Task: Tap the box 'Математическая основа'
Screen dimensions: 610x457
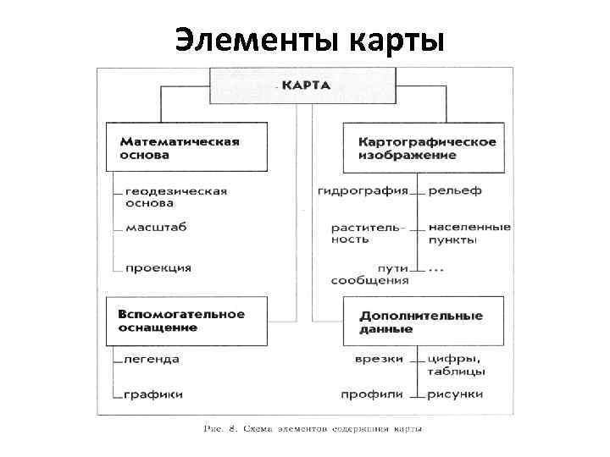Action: pos(179,148)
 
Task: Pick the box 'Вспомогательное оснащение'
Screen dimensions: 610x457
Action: pos(180,320)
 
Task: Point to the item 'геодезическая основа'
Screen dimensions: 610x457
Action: pos(175,197)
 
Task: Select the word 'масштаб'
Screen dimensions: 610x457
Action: pos(156,227)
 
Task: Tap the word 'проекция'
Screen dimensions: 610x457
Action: pos(158,267)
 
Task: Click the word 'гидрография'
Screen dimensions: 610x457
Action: pos(363,190)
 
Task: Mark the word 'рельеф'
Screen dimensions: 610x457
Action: pos(454,190)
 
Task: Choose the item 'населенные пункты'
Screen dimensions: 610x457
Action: pos(469,233)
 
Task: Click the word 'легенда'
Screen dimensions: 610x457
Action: pos(152,359)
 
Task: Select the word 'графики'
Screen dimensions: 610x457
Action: pos(153,394)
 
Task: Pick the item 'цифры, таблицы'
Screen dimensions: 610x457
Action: pos(457,365)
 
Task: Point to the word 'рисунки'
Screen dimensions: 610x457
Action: pos(455,394)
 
